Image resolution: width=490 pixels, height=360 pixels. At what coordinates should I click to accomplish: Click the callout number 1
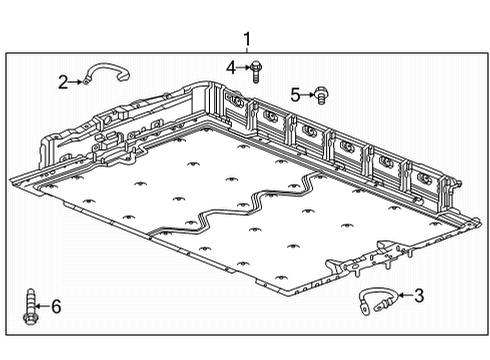(x=246, y=39)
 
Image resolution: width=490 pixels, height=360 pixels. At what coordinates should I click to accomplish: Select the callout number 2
(x=63, y=82)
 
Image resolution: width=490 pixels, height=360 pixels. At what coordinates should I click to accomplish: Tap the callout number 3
(x=419, y=295)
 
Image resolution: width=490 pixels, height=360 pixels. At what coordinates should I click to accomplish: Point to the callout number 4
(x=230, y=67)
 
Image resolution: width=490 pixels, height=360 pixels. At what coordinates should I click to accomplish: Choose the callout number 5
(x=295, y=95)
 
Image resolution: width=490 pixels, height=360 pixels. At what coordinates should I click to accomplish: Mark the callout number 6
(x=56, y=306)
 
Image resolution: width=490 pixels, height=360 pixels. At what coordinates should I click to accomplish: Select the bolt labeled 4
(x=256, y=70)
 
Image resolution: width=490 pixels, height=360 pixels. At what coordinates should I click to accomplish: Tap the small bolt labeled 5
(x=322, y=96)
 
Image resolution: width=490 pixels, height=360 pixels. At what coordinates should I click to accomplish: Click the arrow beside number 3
(x=402, y=295)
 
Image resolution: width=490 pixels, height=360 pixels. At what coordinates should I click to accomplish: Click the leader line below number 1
(x=246, y=51)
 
